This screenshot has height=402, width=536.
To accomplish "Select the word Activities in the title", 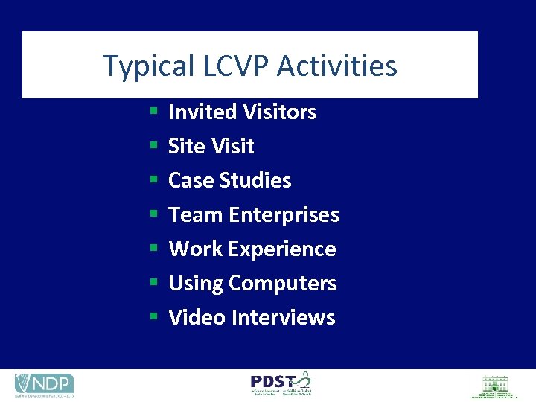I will pyautogui.click(x=337, y=66).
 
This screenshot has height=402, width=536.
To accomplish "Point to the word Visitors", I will pyautogui.click(x=276, y=112).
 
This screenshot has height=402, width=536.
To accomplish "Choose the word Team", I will pyautogui.click(x=196, y=215).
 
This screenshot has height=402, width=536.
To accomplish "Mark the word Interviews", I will pyautogui.click(x=284, y=318).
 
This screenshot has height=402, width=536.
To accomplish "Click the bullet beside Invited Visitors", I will pyautogui.click(x=153, y=112).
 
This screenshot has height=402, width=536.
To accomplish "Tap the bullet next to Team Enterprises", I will pyautogui.click(x=153, y=215).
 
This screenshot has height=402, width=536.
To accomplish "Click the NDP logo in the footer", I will pyautogui.click(x=44, y=384).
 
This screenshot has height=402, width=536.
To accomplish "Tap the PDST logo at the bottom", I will pyautogui.click(x=281, y=383).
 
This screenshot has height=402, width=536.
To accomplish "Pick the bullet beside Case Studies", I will pyautogui.click(x=153, y=181).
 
